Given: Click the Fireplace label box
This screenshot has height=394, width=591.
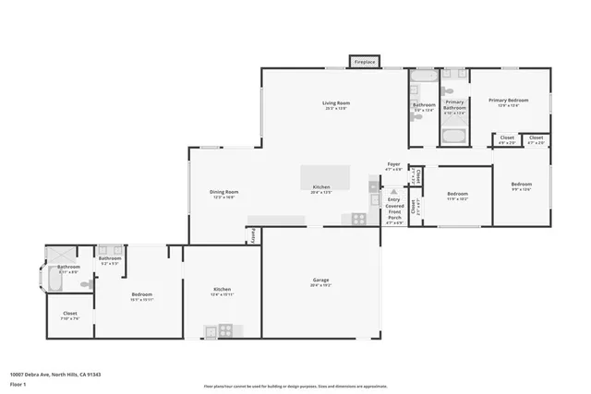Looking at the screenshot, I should [x=364, y=62].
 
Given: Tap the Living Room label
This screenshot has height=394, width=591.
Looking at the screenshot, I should [x=336, y=102].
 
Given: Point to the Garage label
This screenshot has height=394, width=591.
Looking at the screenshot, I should [x=320, y=280].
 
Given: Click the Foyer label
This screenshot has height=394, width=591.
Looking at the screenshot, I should [x=393, y=163].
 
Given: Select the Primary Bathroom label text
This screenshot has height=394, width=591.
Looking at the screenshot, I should [x=454, y=105].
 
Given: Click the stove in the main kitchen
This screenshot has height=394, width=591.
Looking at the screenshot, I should [x=358, y=219].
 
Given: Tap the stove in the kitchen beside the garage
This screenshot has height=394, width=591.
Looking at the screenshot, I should [x=224, y=330].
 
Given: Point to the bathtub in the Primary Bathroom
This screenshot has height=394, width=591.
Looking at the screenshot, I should [x=454, y=137].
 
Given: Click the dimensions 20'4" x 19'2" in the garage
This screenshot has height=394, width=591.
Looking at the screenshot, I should [x=320, y=286].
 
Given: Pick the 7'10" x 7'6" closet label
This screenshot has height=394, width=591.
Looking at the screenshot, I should [x=70, y=315].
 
